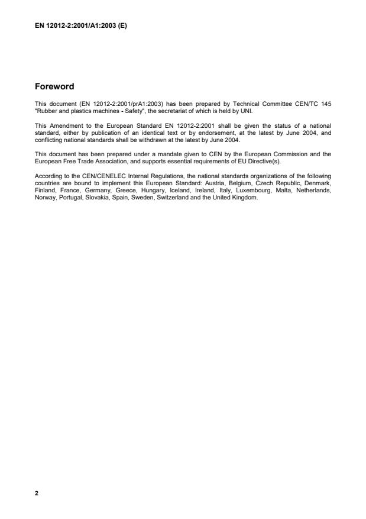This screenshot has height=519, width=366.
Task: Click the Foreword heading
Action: (x=54, y=87)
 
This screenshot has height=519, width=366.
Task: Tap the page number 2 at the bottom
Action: (x=37, y=493)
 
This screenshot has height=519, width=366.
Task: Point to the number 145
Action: (x=326, y=104)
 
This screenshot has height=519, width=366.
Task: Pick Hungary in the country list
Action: (x=156, y=189)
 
